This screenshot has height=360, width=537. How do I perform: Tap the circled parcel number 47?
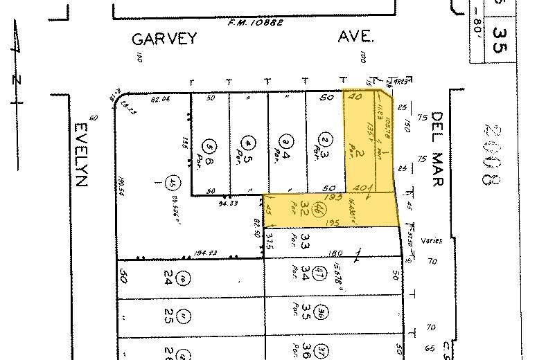[320, 271]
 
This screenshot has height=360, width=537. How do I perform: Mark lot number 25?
[168, 319]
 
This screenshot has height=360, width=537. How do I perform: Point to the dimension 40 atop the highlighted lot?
[358, 98]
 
